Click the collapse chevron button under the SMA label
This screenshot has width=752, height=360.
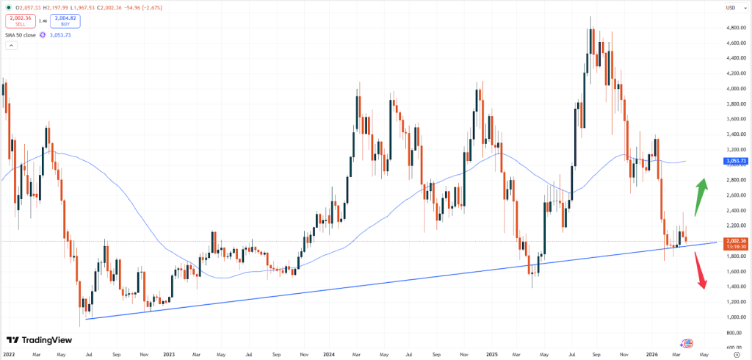pyautogui.click(x=11, y=46)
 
